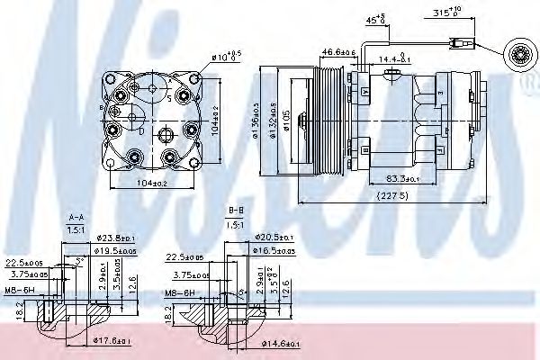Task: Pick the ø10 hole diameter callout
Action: point(224,58)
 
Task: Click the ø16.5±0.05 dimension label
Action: point(274,251)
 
